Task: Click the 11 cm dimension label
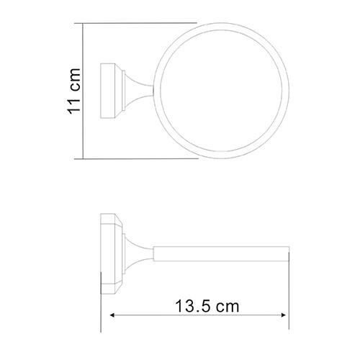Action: (73, 91)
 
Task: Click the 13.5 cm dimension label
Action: (207, 306)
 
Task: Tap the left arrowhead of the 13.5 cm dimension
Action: (113, 315)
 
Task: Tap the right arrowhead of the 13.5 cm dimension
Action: (282, 315)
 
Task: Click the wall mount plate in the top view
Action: (107, 91)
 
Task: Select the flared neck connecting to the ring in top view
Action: (139, 91)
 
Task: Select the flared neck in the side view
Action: (139, 253)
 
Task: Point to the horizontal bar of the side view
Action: (221, 253)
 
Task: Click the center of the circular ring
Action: (222, 91)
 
